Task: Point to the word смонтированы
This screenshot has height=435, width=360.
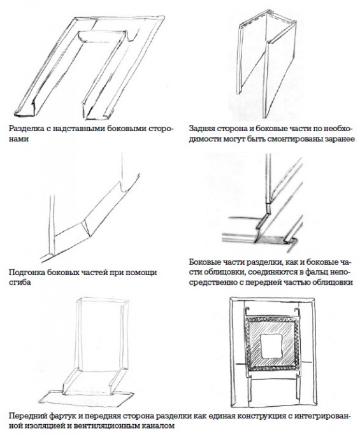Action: [293, 139]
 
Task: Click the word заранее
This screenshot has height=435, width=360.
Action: [338, 139]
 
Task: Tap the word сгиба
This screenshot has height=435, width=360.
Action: [19, 283]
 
